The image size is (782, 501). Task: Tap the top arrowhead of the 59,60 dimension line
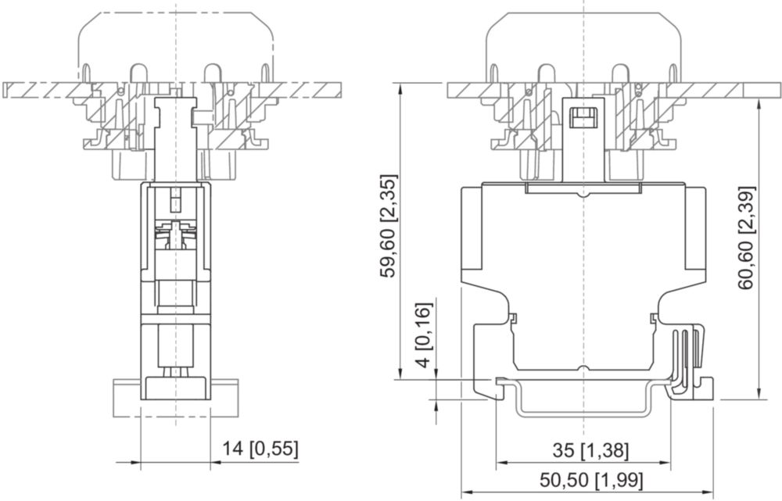coord(400,90)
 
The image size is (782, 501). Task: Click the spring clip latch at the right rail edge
coord(690,363)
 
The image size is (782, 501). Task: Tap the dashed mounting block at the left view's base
coord(175,398)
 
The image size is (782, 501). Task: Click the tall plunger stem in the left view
coord(175,140)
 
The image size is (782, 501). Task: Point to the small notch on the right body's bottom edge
coord(583,369)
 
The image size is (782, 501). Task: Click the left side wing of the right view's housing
coord(472,228)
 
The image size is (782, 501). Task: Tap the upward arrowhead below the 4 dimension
coord(436,406)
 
